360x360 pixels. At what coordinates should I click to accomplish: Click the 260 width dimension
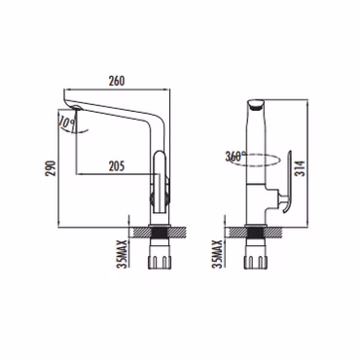(116, 81)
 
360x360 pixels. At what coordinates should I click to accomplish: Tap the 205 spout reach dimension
(117, 166)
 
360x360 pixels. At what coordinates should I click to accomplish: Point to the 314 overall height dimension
(302, 168)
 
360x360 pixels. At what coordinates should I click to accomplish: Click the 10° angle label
(67, 123)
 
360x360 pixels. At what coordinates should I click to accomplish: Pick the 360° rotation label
(236, 157)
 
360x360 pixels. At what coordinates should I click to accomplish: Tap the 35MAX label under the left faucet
(122, 254)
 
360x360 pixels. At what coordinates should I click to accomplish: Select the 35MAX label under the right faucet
(218, 254)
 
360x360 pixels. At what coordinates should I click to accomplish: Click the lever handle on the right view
(287, 182)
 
